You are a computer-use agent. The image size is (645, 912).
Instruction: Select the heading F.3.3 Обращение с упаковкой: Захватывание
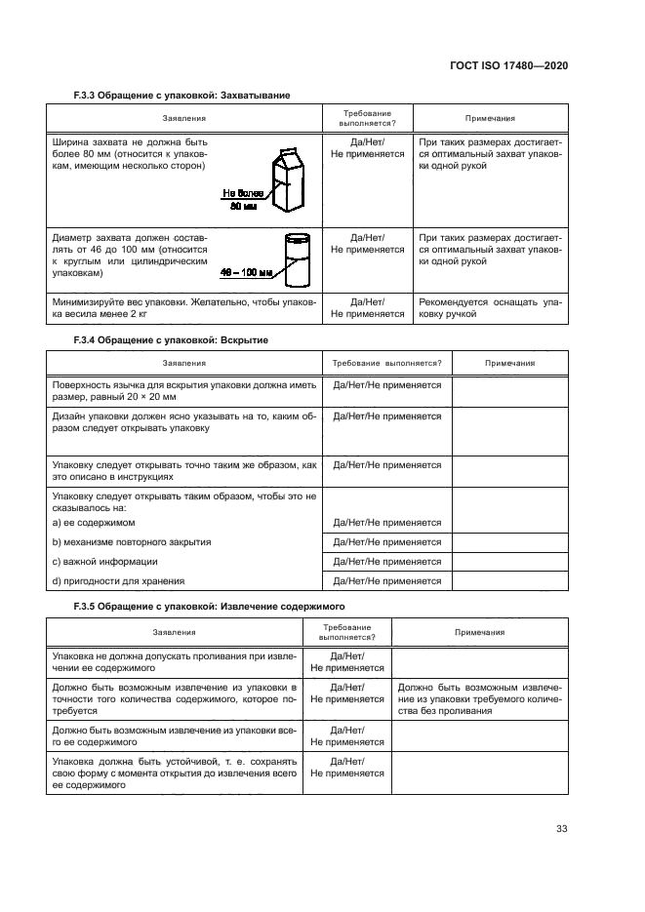pos(182,95)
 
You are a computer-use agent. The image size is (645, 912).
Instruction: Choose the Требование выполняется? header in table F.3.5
pos(346,631)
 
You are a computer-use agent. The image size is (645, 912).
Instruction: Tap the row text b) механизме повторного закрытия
pos(131,541)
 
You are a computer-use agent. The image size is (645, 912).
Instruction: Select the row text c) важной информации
pos(104,562)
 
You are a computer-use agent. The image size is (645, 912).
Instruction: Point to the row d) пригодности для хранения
pos(117,581)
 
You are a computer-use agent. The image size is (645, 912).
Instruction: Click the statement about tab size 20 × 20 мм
pos(183,391)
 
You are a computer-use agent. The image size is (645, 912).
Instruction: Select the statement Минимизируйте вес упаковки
pos(183,309)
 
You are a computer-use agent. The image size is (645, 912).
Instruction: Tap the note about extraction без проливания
pos(476,698)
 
